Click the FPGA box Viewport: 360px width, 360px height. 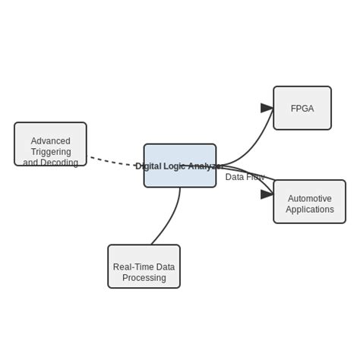coord(302,108)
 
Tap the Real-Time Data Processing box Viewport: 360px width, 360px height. coord(144,267)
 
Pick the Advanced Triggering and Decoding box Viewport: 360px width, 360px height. coord(50,144)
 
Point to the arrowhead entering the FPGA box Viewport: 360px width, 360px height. coord(267,108)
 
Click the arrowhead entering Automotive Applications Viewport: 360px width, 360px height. coord(267,194)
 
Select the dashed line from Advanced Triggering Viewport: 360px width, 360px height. coord(114,162)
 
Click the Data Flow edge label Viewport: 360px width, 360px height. coord(245,177)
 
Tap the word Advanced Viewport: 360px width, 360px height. coord(50,141)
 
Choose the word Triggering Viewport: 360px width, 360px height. coord(51,152)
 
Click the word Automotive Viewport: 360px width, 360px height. coord(310,199)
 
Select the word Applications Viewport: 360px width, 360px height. coord(310,210)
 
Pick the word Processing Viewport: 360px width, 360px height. coord(144,278)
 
